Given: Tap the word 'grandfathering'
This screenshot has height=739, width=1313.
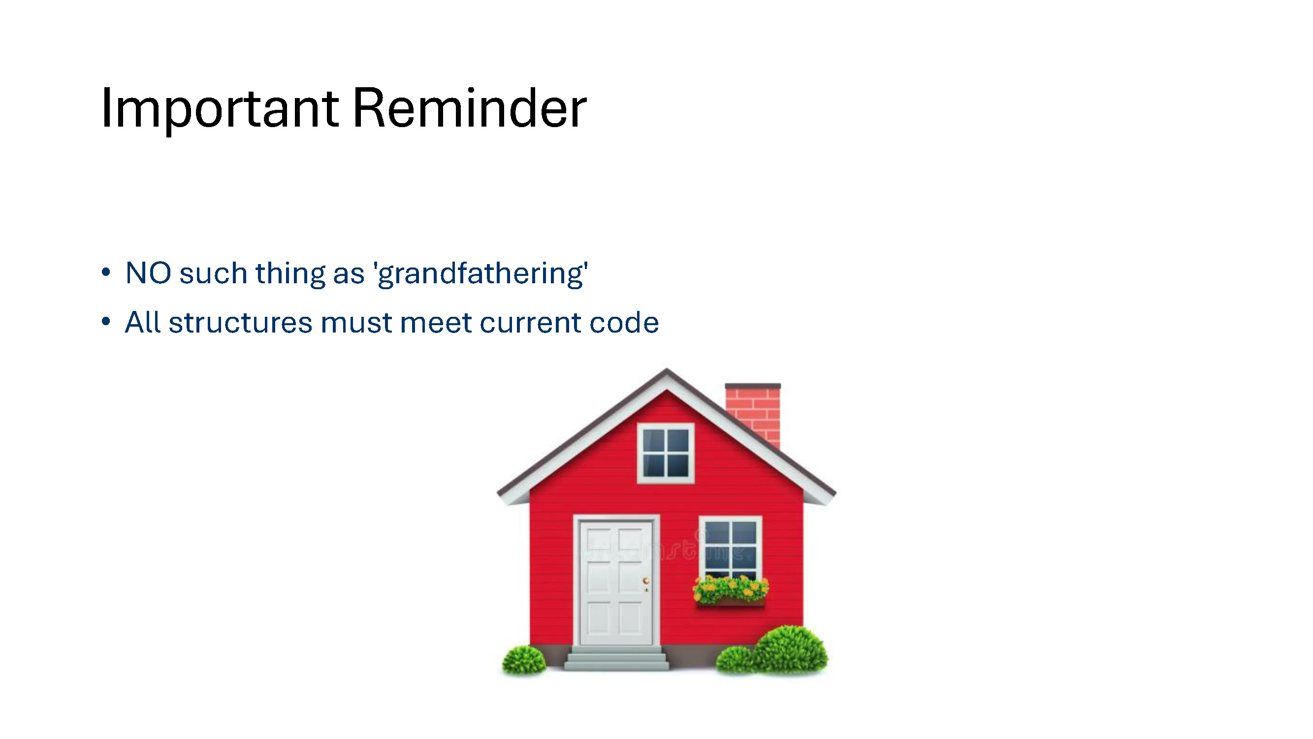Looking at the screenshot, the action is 481,274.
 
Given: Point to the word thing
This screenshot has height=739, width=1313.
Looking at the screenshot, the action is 290,273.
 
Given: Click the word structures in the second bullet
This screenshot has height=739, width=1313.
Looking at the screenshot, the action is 241,323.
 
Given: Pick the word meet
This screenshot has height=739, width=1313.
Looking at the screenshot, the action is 436,323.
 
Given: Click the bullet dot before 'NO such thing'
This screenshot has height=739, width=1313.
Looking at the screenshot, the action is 106,272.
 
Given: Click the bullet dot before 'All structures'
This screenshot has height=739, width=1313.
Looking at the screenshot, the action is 106,321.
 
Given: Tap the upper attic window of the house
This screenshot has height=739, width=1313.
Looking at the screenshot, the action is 666,453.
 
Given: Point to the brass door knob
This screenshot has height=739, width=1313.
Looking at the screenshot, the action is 646,581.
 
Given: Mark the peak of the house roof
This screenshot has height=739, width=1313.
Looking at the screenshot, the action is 666,369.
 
